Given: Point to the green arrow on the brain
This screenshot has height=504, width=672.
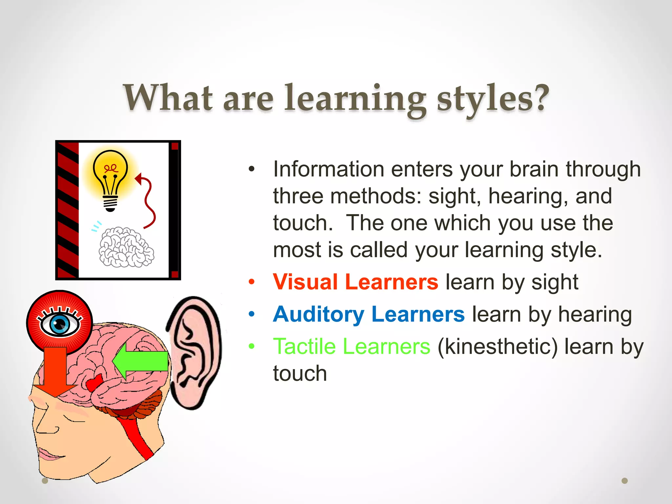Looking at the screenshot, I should pos(141,361).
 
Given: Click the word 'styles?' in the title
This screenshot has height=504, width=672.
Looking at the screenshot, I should pos(493,98).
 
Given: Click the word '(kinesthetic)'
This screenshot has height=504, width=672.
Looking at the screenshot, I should pos(497,346).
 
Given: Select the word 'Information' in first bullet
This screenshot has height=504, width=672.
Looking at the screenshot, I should pos(328,169).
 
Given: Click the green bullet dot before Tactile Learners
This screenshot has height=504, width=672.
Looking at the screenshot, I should pos(252,346).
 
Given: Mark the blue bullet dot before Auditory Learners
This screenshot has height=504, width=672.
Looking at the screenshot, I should pos(252,314).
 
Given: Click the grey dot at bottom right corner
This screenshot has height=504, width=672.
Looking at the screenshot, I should pos(624,481).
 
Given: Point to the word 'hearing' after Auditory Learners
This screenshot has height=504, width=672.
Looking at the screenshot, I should pos(595,314).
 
